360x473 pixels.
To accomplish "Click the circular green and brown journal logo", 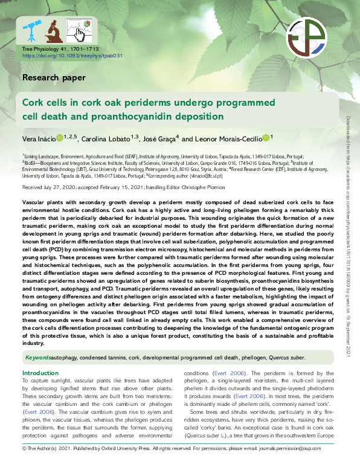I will [x=307, y=37].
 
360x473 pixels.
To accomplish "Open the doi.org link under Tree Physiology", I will [x=72, y=55].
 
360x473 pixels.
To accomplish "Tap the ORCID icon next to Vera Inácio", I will [x=60, y=139].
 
